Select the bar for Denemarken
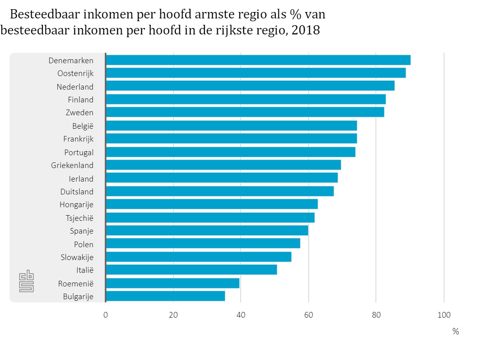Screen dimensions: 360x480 click(x=258, y=60)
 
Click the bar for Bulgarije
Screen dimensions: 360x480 click(x=165, y=296)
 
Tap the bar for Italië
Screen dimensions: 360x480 click(x=191, y=270)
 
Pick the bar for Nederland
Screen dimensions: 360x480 click(x=250, y=86)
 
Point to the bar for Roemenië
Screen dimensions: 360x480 click(x=172, y=283)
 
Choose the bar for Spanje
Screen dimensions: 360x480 click(x=207, y=230)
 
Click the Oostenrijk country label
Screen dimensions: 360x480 click(x=75, y=74)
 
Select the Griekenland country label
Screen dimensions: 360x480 click(x=72, y=166)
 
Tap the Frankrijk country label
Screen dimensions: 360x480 click(x=78, y=139)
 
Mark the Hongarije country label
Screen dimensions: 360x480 click(x=76, y=205)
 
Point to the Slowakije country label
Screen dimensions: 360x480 click(x=77, y=257)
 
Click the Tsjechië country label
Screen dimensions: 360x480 click(x=79, y=218)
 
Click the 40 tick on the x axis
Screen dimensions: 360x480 click(x=240, y=315)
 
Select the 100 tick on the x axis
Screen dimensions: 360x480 click(x=444, y=315)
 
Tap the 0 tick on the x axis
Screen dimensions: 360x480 click(x=106, y=315)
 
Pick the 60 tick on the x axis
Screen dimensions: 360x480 click(x=308, y=315)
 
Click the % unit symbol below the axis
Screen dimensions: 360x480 click(x=456, y=332)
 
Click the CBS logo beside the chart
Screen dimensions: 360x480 click(x=27, y=282)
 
